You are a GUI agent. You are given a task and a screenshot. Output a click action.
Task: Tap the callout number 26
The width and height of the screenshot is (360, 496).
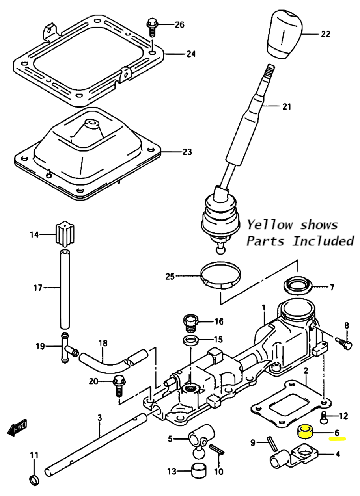(x=179, y=25)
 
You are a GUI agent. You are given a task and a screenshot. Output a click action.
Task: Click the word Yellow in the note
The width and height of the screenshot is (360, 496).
(x=270, y=225)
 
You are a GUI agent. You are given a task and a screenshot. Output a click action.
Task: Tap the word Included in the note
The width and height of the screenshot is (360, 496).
(x=323, y=241)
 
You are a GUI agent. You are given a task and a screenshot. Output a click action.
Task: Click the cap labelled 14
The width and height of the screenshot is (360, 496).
(x=64, y=235)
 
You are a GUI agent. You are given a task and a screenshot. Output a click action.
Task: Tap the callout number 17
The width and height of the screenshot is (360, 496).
(x=38, y=288)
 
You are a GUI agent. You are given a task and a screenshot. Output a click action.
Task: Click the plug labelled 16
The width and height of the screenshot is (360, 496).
(x=190, y=323)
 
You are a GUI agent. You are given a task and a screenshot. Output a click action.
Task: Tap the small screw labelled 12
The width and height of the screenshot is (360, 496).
(x=324, y=417)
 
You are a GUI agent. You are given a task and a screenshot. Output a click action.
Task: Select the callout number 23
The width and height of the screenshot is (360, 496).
(x=187, y=152)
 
